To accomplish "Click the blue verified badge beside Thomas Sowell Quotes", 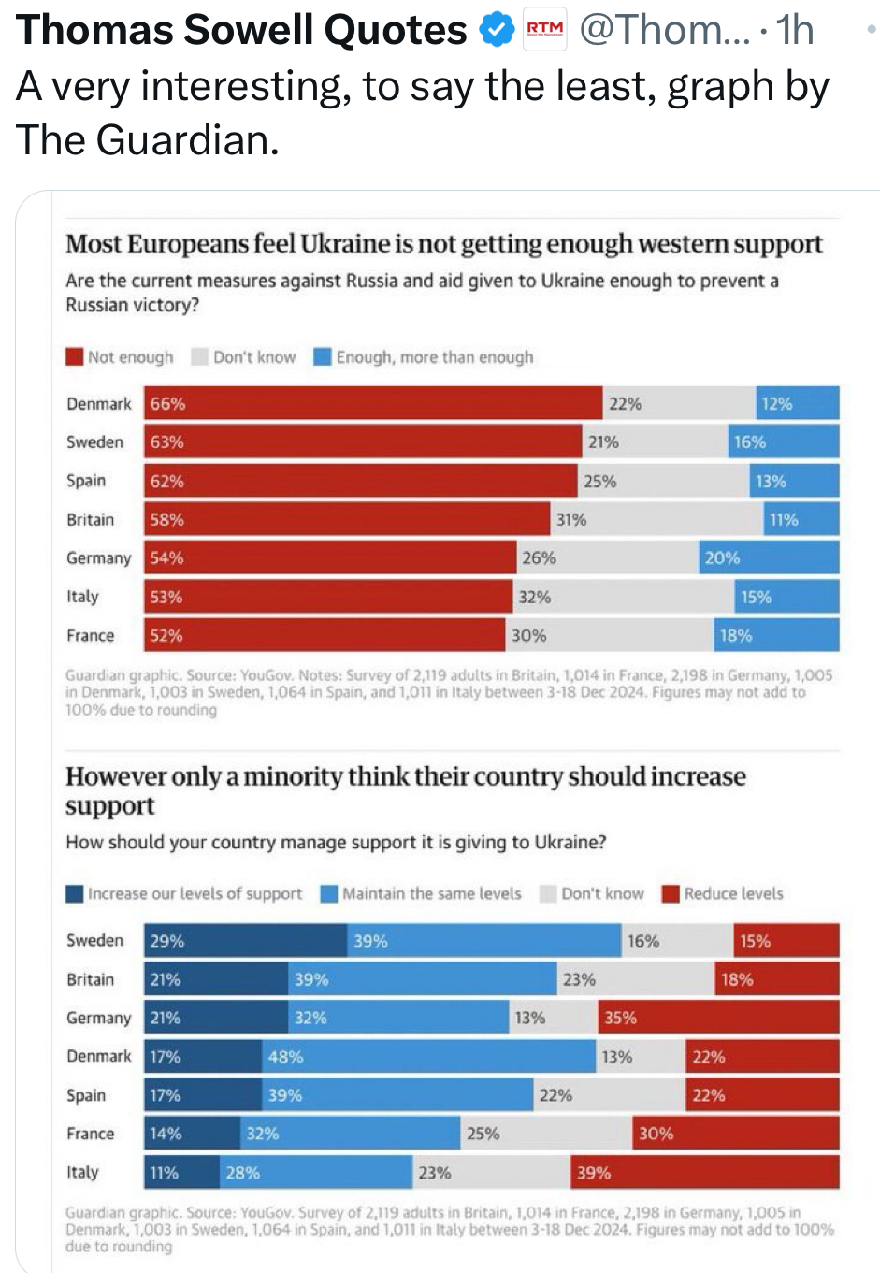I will click(x=497, y=31).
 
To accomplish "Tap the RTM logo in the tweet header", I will click(x=545, y=29).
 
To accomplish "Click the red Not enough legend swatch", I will click(x=75, y=356).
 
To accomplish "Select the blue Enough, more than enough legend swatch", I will click(x=323, y=356).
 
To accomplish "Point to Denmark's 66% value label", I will click(x=168, y=404).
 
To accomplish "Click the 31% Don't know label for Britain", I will click(x=571, y=519).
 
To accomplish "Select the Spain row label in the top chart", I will click(x=86, y=481).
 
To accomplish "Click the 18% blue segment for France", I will click(x=776, y=635).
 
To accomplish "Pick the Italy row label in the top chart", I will click(x=82, y=597).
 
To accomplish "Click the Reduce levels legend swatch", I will click(x=670, y=893).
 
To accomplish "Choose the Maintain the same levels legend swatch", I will click(x=328, y=893).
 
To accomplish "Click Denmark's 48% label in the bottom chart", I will click(x=285, y=1057).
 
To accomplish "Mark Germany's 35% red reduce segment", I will click(x=718, y=1018).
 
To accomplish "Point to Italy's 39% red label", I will click(x=594, y=1173).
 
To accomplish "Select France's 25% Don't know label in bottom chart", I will click(x=483, y=1134).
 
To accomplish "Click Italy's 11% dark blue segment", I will click(x=181, y=1173).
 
